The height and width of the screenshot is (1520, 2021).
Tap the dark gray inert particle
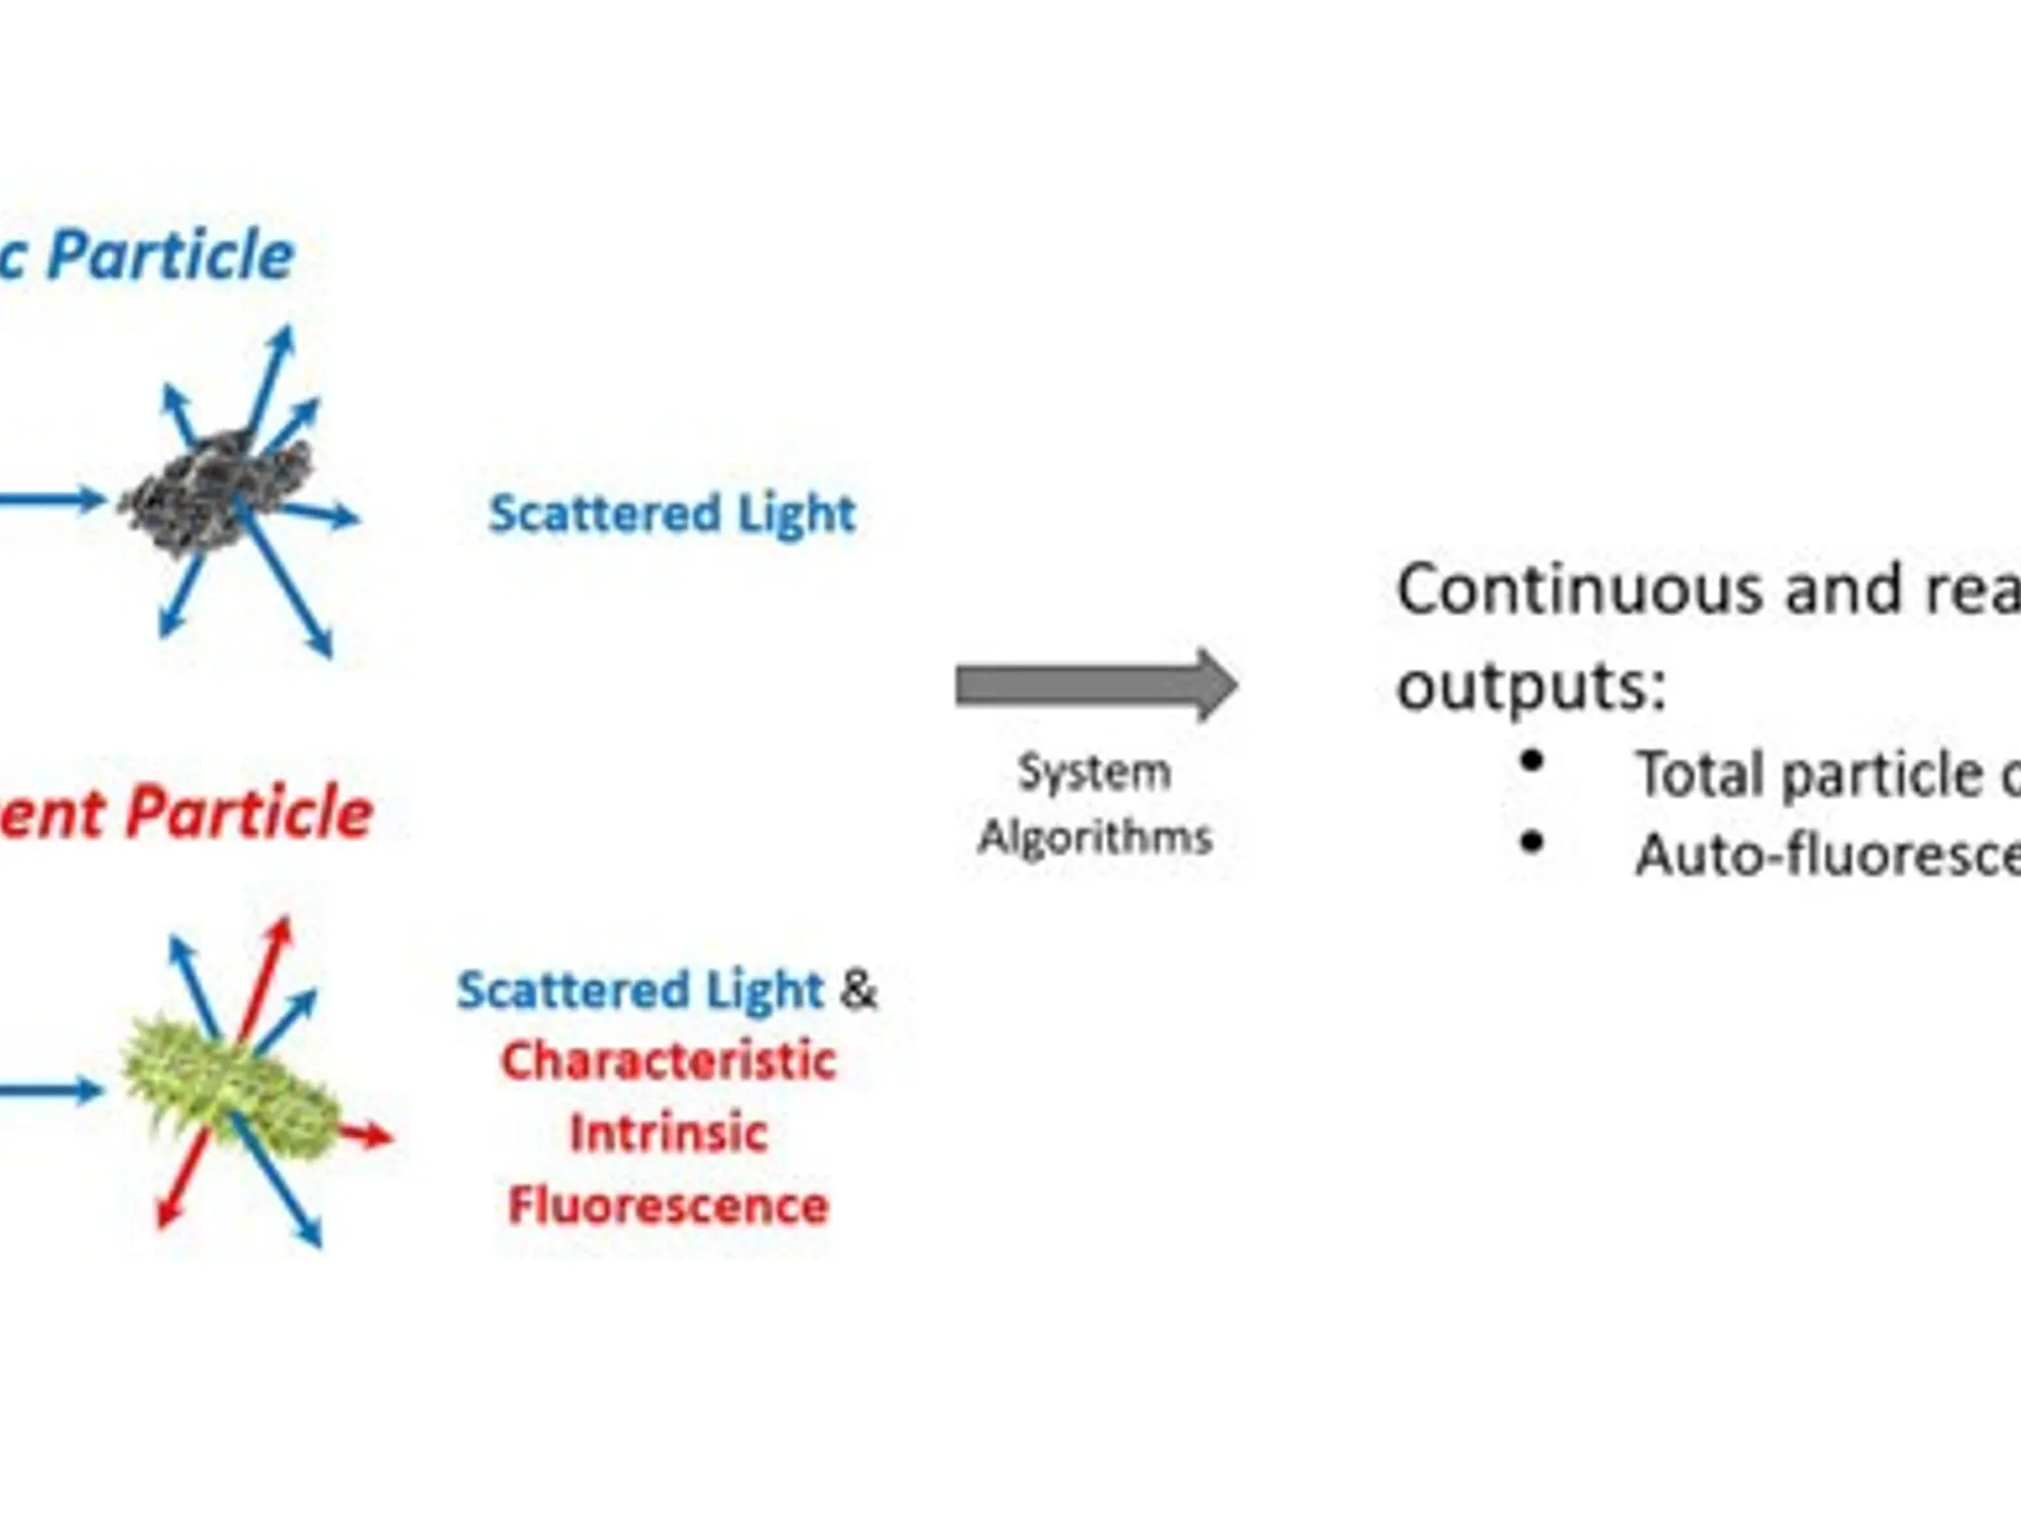tap(217, 494)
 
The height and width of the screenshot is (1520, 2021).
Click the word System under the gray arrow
tap(1094, 772)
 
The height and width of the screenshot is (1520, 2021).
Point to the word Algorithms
tap(1094, 837)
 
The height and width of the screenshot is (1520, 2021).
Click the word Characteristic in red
tap(669, 1062)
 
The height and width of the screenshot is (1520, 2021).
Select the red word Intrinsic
tap(669, 1133)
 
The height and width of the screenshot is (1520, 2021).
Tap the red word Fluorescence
tap(669, 1206)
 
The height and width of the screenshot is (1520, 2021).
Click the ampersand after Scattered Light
tap(858, 989)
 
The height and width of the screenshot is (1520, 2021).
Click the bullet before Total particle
tap(1532, 760)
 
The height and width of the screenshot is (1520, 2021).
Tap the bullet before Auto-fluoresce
tap(1532, 842)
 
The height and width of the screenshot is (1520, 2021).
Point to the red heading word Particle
tap(250, 813)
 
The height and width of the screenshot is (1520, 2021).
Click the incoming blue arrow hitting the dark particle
tap(49, 498)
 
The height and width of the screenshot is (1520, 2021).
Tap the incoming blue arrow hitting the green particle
tap(49, 1091)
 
